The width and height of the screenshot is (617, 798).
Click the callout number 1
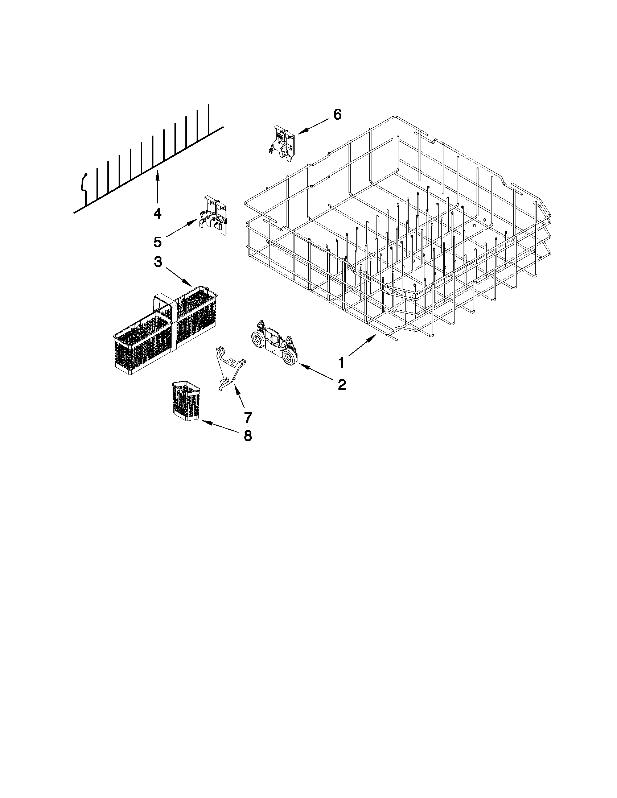341,363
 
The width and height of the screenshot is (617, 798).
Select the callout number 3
157,262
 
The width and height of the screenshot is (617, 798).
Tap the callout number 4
157,214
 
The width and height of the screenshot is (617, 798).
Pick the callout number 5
157,241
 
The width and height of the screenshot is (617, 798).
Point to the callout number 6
337,115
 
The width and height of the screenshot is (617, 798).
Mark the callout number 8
248,435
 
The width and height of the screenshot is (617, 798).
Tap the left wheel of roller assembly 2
259,335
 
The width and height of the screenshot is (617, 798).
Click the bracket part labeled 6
284,143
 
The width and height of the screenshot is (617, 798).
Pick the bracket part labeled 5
215,216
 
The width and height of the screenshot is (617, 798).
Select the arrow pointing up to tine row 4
157,188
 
